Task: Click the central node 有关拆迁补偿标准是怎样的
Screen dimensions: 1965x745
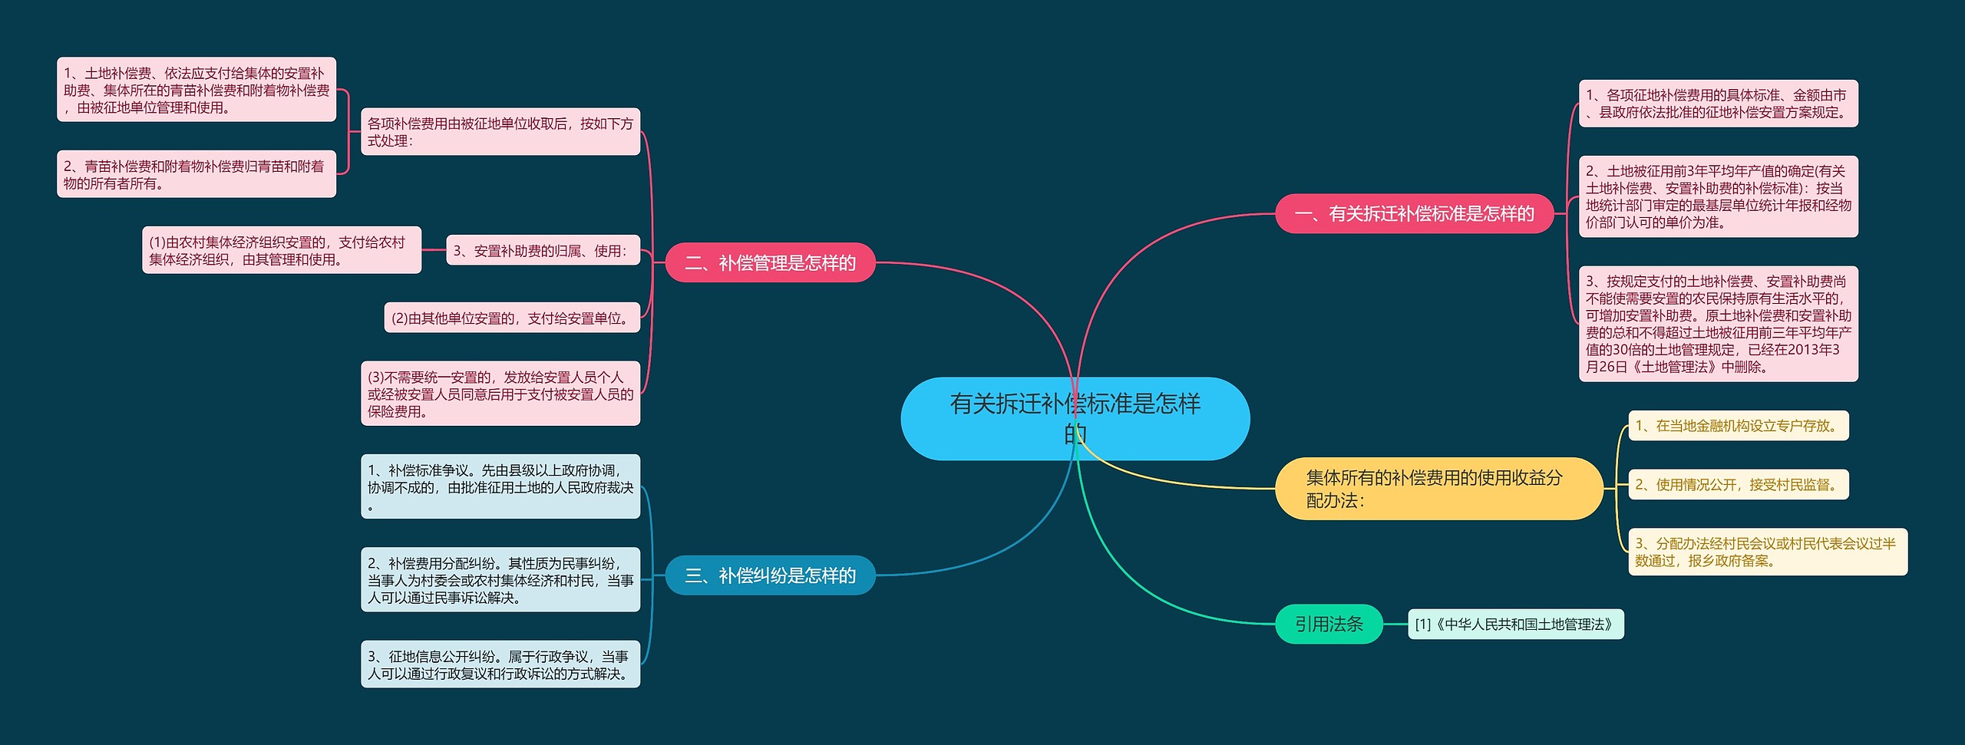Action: click(1075, 418)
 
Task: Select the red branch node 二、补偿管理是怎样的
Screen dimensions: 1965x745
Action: click(770, 263)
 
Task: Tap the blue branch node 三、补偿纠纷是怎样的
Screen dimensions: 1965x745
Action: click(770, 575)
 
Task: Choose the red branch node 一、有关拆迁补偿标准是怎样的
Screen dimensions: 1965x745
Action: click(1414, 213)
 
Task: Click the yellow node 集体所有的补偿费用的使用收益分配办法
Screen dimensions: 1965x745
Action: click(1438, 489)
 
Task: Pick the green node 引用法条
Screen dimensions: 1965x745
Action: click(1329, 624)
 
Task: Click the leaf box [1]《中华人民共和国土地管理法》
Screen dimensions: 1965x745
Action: click(1515, 625)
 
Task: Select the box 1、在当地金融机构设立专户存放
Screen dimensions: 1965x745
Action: click(1738, 426)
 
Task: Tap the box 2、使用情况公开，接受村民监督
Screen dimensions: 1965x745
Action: click(1738, 485)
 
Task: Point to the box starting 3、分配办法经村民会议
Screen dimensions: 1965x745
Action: click(1767, 552)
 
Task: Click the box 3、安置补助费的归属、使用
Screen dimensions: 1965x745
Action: click(543, 251)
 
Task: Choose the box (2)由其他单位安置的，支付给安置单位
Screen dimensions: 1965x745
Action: click(512, 318)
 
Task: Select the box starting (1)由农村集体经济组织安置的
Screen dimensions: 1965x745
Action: click(282, 250)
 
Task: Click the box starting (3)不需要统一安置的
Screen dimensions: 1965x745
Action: click(500, 394)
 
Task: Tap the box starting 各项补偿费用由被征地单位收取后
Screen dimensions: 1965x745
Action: click(500, 132)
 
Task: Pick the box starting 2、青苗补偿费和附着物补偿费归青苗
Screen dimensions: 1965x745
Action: click(196, 174)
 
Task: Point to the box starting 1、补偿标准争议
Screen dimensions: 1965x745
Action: click(500, 486)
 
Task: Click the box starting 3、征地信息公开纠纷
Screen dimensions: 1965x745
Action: click(500, 664)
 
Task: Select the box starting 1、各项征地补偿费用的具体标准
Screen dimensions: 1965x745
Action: click(1718, 104)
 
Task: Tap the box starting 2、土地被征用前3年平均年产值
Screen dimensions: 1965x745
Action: click(1718, 196)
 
